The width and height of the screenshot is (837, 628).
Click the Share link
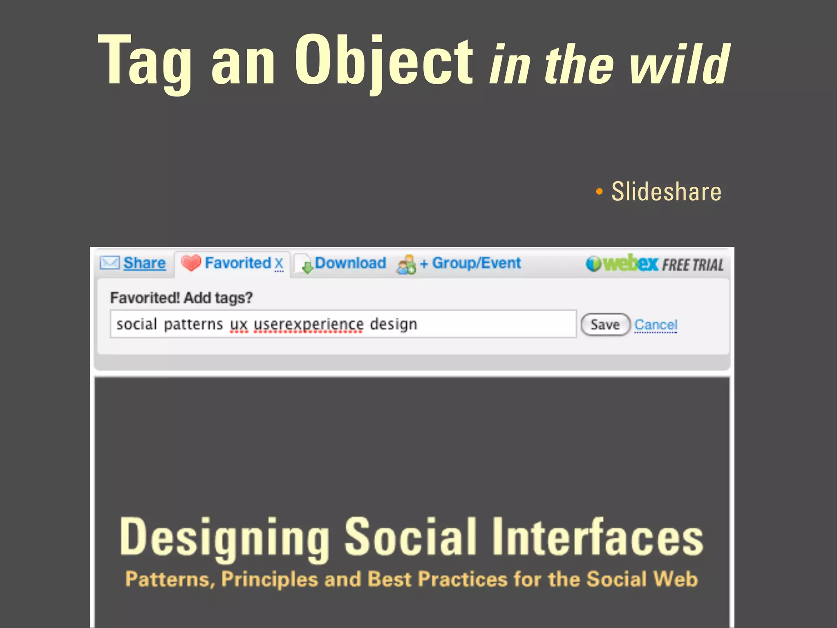pos(144,263)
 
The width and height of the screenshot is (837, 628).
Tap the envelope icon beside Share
pos(110,262)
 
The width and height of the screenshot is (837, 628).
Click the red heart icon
pos(190,262)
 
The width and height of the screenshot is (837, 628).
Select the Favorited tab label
pos(238,263)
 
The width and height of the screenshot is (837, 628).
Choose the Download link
pos(350,263)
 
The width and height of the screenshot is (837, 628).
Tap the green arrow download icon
pos(307,267)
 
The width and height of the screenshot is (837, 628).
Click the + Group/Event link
pos(470,263)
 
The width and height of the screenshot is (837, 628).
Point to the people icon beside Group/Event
pos(406,265)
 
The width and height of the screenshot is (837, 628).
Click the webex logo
pos(622,263)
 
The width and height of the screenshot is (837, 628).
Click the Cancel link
pos(656,325)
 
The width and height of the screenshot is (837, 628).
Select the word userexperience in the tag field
pos(309,324)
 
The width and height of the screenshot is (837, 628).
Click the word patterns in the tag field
pos(193,324)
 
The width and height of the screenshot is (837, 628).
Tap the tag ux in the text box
pos(239,325)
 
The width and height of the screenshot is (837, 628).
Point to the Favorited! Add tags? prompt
pos(181,298)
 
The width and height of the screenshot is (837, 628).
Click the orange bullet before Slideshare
pos(599,191)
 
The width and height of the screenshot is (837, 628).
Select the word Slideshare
pos(666,191)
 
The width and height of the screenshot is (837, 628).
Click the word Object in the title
pos(383,61)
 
